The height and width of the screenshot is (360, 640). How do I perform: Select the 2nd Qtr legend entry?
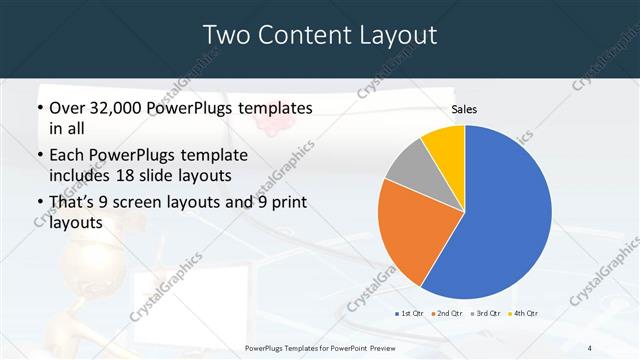pos(446,314)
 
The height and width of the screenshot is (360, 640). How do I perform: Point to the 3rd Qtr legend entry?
pos(485,314)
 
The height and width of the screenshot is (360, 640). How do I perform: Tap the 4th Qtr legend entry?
pos(524,314)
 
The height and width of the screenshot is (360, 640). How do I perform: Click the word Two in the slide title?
pos(226,35)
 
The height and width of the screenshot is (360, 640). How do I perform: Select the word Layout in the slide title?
pos(395,35)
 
